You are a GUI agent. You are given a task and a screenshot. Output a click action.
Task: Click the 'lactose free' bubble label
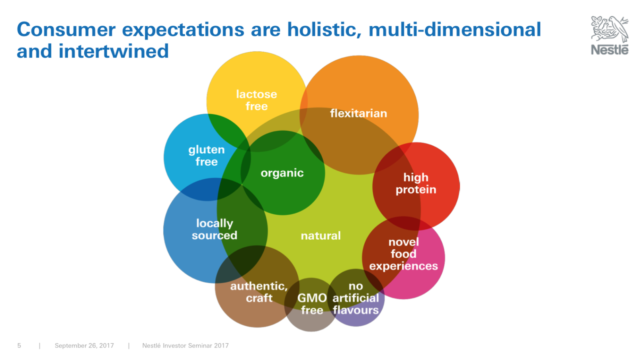coord(256,100)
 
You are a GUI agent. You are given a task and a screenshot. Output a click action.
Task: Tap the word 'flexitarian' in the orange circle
coord(358,113)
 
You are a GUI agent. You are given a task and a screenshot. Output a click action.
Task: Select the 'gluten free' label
coord(207,156)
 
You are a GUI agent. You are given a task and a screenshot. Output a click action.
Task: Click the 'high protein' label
coord(416,184)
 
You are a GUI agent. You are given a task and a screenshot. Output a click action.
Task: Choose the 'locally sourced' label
coord(215,229)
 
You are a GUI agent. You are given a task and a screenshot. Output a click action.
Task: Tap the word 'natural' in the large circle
coord(321,236)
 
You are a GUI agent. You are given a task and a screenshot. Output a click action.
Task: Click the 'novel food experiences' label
coord(404,254)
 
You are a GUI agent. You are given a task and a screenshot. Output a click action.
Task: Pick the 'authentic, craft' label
coord(259,292)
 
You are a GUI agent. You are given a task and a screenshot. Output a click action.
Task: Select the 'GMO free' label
coord(312,304)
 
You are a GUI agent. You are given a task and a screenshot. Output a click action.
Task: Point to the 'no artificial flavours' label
coord(356,298)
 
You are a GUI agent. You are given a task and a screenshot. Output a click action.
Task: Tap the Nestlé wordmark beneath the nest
coord(610,50)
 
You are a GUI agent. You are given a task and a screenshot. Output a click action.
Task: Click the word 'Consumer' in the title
coord(66,29)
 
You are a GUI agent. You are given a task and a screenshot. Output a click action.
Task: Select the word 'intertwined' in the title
coord(114,51)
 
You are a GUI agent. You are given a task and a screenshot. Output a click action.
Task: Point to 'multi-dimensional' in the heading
coord(455,29)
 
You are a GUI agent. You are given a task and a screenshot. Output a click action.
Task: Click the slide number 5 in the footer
coord(19,346)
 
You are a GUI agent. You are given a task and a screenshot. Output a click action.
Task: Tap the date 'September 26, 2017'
coord(84,346)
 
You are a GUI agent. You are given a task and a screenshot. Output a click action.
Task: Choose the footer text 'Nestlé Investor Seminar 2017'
coord(186,346)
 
